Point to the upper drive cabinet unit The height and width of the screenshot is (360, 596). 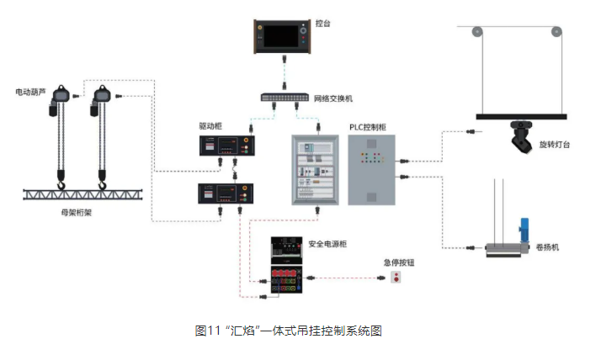(x=222, y=146)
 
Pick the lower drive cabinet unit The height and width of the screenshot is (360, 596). (x=222, y=194)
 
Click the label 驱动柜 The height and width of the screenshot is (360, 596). (x=210, y=125)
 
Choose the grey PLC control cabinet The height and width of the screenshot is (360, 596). (x=370, y=169)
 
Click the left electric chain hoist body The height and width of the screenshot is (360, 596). (x=60, y=99)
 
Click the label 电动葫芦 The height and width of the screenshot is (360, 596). (x=30, y=90)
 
